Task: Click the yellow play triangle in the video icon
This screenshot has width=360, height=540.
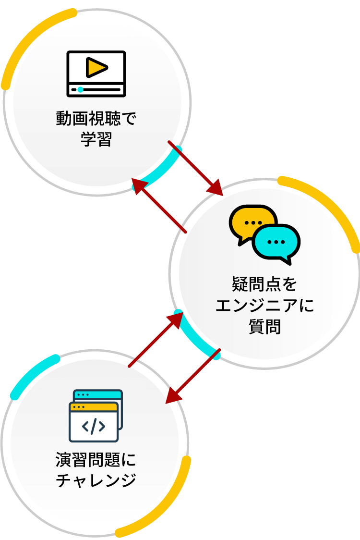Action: (x=96, y=67)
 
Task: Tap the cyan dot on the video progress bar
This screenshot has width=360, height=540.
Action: (x=80, y=89)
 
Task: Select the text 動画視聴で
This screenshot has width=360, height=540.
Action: (x=96, y=119)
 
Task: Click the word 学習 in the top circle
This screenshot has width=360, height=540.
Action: (x=96, y=140)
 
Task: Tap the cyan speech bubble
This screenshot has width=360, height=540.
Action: (x=276, y=242)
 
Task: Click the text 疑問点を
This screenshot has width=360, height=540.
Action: (x=264, y=284)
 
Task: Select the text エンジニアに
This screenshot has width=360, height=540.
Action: (x=264, y=306)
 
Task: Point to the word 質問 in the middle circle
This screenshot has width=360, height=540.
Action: (x=264, y=327)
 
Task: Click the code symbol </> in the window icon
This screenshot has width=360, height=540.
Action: (x=94, y=426)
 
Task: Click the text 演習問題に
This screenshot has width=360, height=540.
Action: (x=96, y=460)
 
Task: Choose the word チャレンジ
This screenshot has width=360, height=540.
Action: (x=96, y=480)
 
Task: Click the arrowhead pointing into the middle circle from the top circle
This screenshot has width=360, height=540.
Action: (x=216, y=189)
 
